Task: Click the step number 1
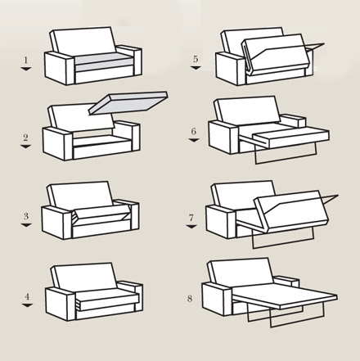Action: (25, 60)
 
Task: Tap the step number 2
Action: (25, 138)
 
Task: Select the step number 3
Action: (26, 216)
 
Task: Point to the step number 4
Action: (27, 296)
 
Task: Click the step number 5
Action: (196, 59)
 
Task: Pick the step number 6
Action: (193, 131)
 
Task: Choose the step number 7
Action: (191, 218)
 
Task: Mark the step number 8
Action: (190, 298)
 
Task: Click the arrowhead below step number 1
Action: (26, 69)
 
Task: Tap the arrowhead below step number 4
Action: (27, 305)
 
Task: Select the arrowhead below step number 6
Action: (194, 140)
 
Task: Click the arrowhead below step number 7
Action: (191, 226)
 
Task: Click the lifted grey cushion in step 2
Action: (128, 102)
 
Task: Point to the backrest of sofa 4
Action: (84, 276)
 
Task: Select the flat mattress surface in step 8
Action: (285, 296)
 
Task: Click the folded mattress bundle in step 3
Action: (101, 214)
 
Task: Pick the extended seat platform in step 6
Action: (290, 138)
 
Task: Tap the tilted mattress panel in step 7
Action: (293, 210)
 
